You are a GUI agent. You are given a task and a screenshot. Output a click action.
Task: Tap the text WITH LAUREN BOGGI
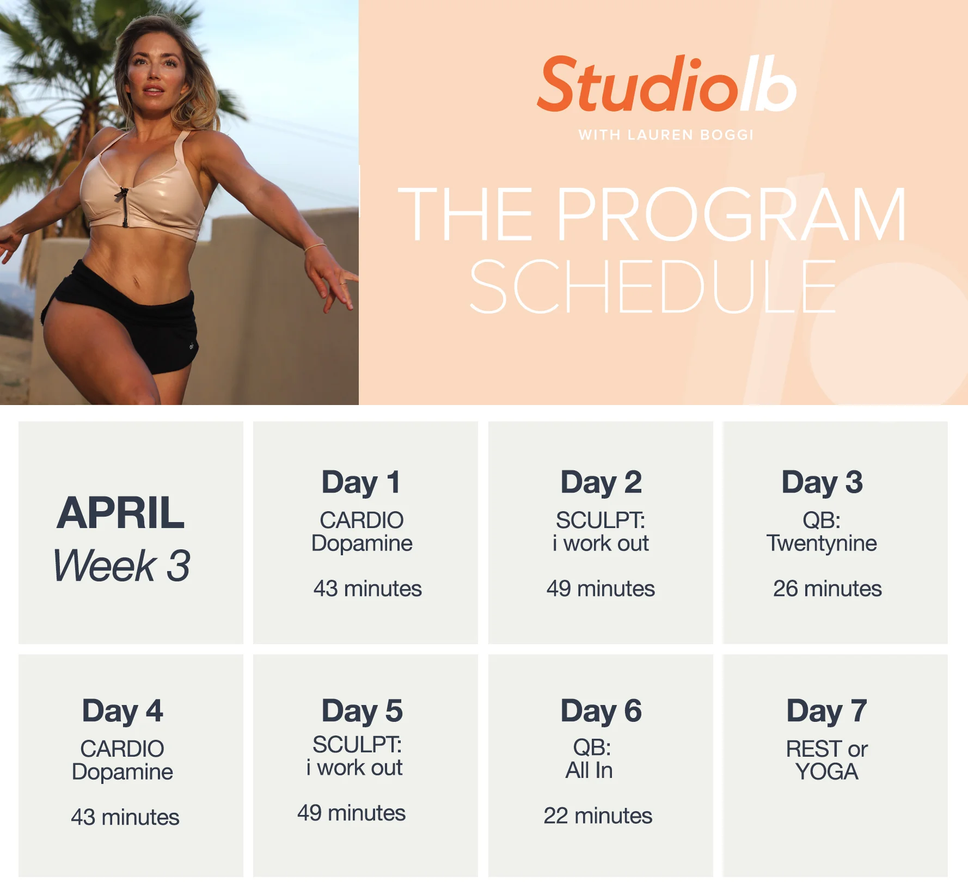pos(666,135)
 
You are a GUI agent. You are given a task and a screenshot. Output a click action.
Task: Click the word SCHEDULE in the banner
pos(652,286)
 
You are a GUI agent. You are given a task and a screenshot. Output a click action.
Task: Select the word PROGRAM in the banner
pos(731,214)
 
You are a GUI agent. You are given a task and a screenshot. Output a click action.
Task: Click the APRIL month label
pos(121,513)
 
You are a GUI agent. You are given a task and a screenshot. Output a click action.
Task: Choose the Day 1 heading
pos(361,482)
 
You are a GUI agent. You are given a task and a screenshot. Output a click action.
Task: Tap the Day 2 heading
pos(601,482)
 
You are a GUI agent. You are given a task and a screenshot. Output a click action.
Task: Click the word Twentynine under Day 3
pos(822,543)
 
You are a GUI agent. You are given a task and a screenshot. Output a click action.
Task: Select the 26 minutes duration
pos(827,588)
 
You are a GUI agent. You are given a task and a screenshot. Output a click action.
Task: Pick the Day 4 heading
pos(122,711)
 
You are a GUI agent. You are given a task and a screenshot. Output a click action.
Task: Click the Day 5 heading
pos(362,711)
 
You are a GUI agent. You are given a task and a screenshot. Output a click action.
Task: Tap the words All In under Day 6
pos(589,770)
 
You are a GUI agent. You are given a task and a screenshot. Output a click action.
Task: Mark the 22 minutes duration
pos(598,816)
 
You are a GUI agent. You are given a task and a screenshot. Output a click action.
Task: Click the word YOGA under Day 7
pos(826,772)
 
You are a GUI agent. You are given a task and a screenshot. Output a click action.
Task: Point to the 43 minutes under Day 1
pos(367,588)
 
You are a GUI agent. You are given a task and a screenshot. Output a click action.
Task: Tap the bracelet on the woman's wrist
pos(315,248)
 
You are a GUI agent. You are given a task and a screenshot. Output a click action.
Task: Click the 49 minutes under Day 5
pos(351,813)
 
